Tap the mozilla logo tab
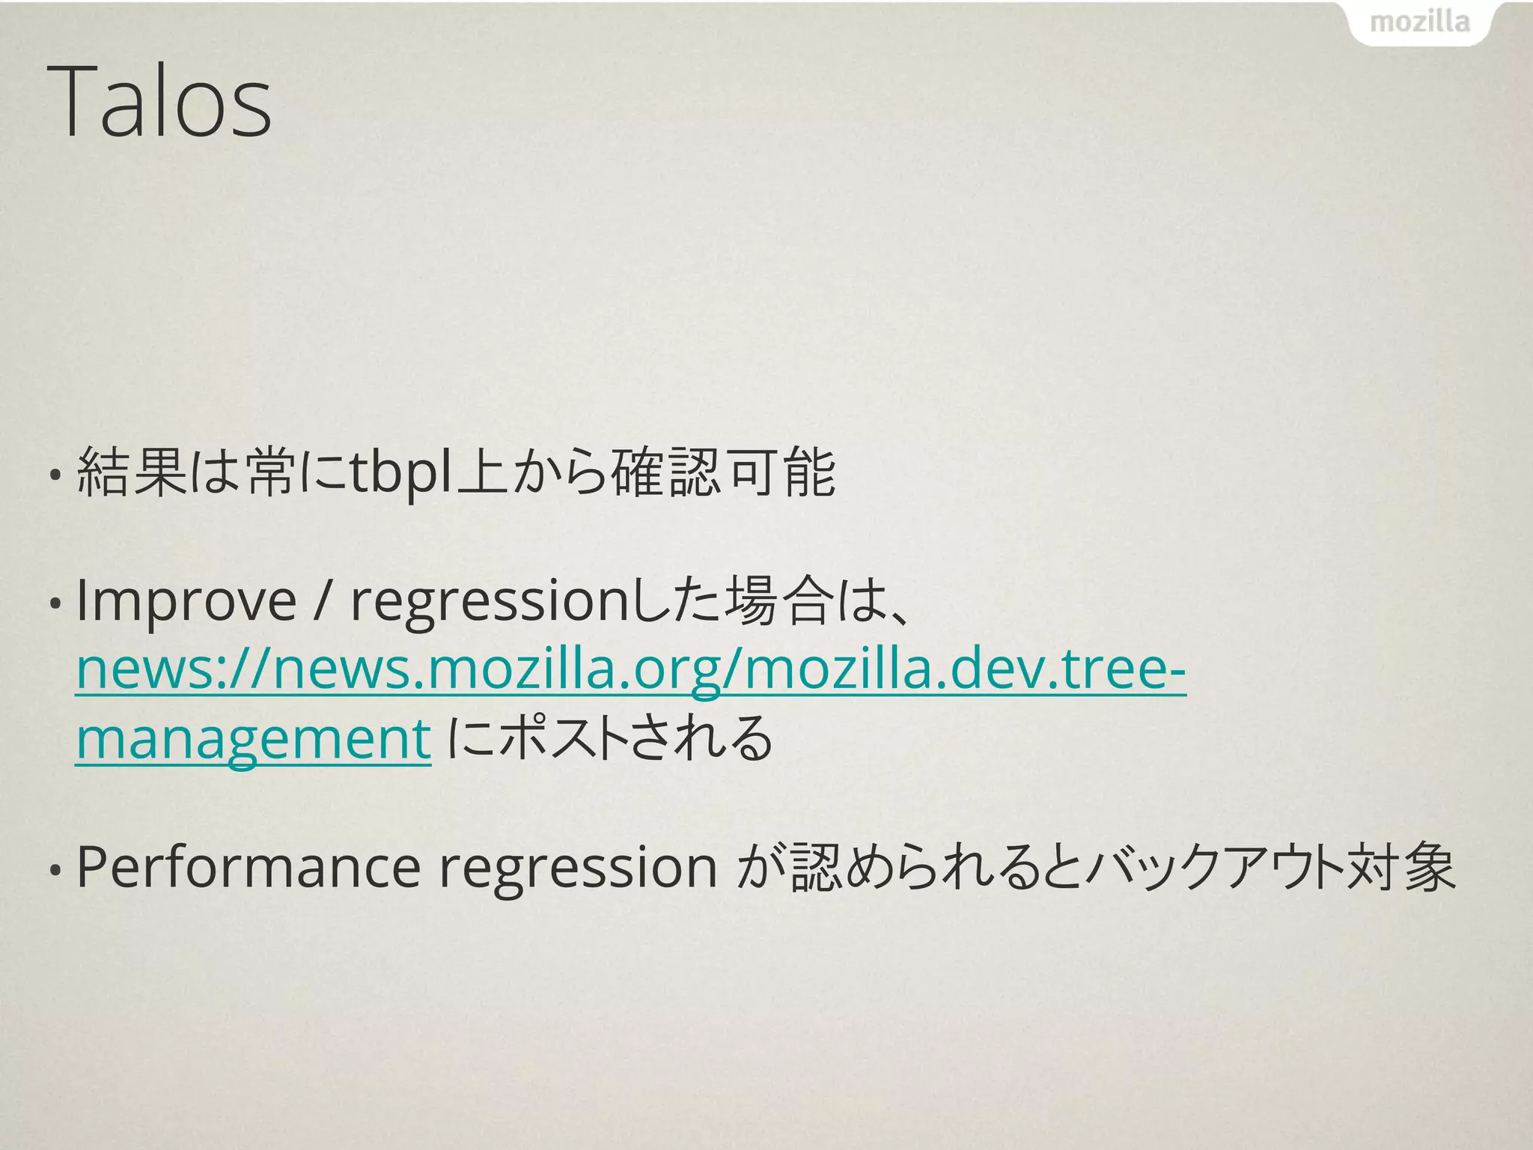(1419, 22)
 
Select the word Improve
(186, 600)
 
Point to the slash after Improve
(322, 600)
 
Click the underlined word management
(253, 738)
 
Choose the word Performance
(248, 867)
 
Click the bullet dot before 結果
(55, 475)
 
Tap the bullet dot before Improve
(55, 603)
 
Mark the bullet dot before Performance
(55, 869)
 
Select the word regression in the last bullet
(578, 868)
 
